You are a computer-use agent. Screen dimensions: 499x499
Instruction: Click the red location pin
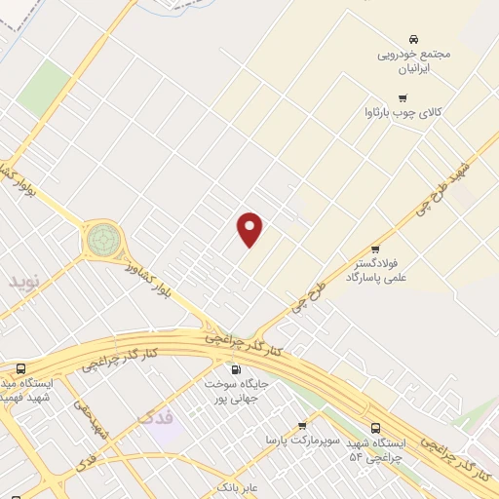(250, 229)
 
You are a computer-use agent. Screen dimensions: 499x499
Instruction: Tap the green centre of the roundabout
(101, 238)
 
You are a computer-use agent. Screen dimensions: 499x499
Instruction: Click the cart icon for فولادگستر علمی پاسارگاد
(376, 250)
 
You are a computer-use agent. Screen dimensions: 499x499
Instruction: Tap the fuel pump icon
(235, 369)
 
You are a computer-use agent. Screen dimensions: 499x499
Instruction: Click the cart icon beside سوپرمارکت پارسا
(302, 426)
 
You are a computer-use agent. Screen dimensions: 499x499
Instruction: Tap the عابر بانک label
(237, 484)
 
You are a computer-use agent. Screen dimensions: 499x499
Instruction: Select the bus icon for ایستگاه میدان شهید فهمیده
(21, 369)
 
